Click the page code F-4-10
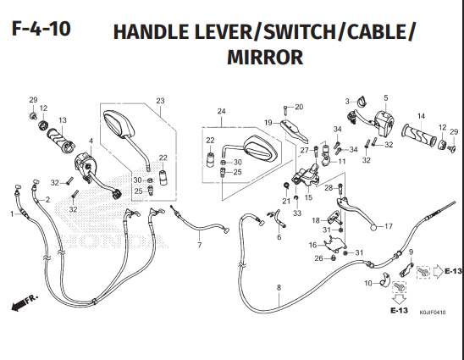(x=41, y=30)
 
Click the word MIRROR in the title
(x=265, y=58)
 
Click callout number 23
(x=159, y=102)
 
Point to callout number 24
(x=221, y=112)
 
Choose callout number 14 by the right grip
(x=419, y=116)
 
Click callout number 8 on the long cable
(x=278, y=289)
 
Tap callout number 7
(x=199, y=245)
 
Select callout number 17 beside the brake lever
(x=389, y=227)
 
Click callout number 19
(x=267, y=123)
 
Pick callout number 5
(x=385, y=98)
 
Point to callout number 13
(x=62, y=119)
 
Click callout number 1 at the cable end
(x=11, y=214)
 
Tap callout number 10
(x=367, y=284)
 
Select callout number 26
(x=318, y=258)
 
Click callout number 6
(x=278, y=237)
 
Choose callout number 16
(x=312, y=244)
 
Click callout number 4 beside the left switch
(x=91, y=141)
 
